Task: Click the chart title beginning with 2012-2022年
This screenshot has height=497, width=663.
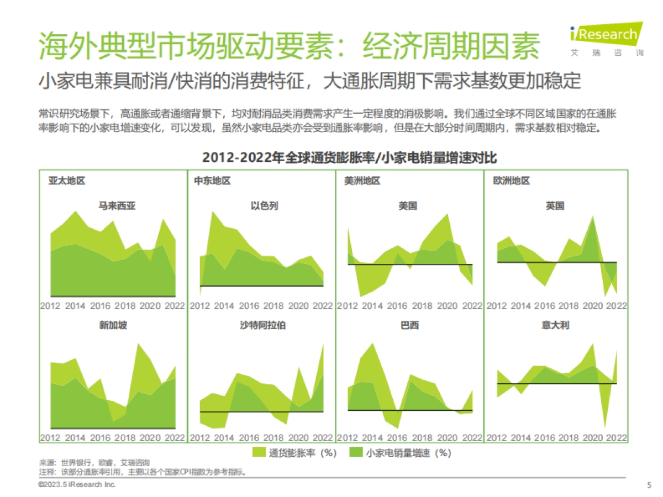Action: point(350,157)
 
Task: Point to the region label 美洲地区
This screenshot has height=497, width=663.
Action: point(362,181)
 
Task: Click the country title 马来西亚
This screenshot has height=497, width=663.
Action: point(117,206)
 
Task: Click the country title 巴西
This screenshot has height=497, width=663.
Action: point(409,325)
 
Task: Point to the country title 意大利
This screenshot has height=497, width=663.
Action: point(555,325)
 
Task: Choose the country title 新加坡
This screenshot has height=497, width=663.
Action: point(113,325)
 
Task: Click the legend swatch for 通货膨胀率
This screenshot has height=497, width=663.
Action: point(259,453)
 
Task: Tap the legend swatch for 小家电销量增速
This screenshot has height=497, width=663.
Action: point(356,453)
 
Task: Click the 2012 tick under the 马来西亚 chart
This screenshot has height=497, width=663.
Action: point(50,306)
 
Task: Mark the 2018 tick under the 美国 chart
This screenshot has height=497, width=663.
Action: point(423,306)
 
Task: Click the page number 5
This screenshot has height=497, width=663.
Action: point(649,485)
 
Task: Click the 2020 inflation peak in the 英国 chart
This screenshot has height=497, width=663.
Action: point(593,216)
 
